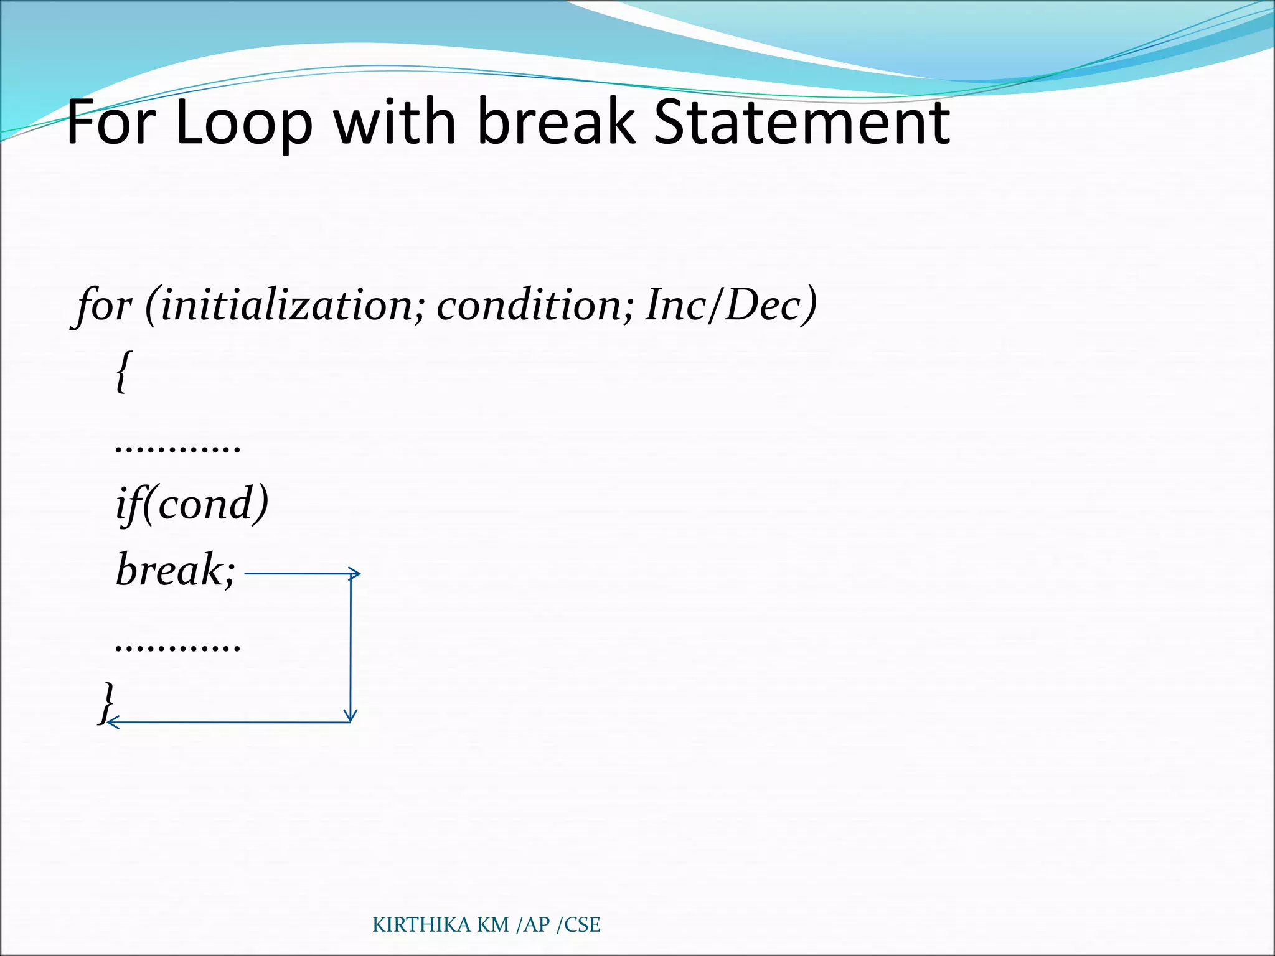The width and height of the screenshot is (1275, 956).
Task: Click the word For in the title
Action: click(x=110, y=122)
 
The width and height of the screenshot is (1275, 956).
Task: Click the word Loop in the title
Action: click(x=243, y=123)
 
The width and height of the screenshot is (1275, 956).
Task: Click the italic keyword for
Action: click(x=104, y=306)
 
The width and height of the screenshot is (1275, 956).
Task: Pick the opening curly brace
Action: click(x=124, y=372)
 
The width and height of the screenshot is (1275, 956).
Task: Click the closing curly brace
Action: click(x=107, y=702)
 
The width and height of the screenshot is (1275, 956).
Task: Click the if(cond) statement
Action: click(x=192, y=504)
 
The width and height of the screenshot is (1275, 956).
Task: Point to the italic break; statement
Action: click(x=175, y=570)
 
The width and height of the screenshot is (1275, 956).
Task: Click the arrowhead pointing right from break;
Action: click(x=355, y=573)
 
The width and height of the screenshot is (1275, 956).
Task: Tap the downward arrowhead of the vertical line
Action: click(x=351, y=716)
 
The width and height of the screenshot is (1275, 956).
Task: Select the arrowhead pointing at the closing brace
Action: click(x=111, y=722)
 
